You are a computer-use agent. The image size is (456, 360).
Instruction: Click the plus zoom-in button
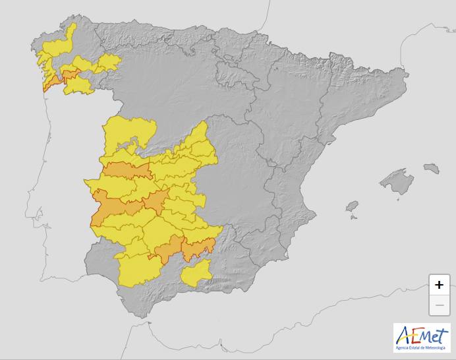click(440, 285)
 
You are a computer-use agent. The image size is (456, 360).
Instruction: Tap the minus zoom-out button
click(440, 305)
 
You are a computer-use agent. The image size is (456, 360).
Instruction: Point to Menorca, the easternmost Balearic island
click(432, 168)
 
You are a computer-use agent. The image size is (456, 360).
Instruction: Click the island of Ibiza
click(352, 206)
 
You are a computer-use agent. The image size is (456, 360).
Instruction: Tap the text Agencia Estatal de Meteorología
click(420, 347)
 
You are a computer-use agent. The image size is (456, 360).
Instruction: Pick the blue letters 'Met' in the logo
click(432, 338)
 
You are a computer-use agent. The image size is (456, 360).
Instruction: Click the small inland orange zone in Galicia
click(68, 73)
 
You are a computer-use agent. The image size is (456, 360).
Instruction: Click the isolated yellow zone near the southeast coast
click(196, 273)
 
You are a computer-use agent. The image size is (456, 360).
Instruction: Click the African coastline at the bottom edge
click(198, 343)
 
